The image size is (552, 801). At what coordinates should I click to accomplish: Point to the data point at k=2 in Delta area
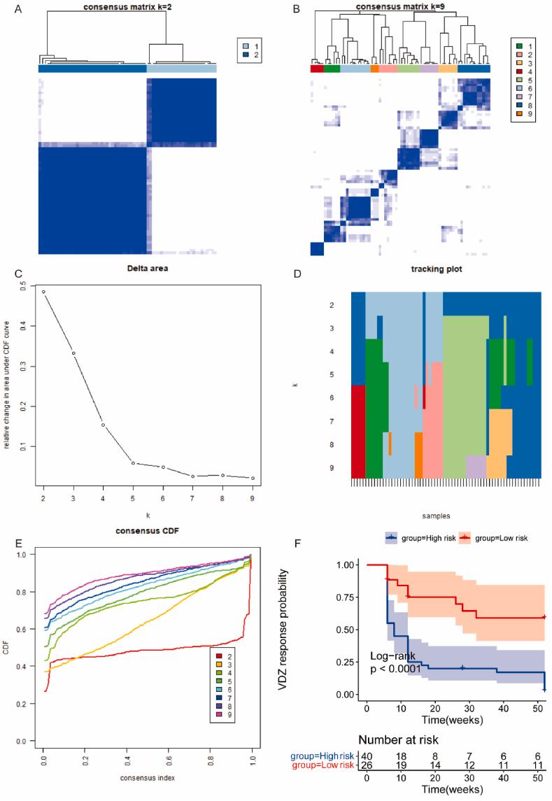click(x=43, y=292)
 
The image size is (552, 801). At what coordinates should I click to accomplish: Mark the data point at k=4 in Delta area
click(x=103, y=425)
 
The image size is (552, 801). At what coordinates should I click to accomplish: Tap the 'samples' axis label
click(x=445, y=514)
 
